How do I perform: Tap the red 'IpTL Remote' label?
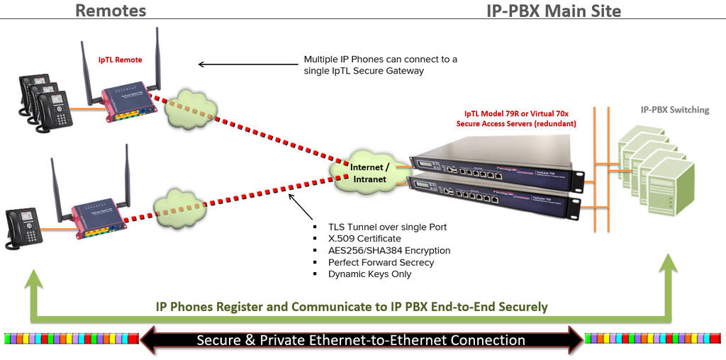point(120,60)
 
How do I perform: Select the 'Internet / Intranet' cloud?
point(369,173)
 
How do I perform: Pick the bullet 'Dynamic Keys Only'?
point(369,274)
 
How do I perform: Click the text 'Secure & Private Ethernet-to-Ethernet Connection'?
point(361,340)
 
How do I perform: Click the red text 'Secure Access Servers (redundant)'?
point(516,123)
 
